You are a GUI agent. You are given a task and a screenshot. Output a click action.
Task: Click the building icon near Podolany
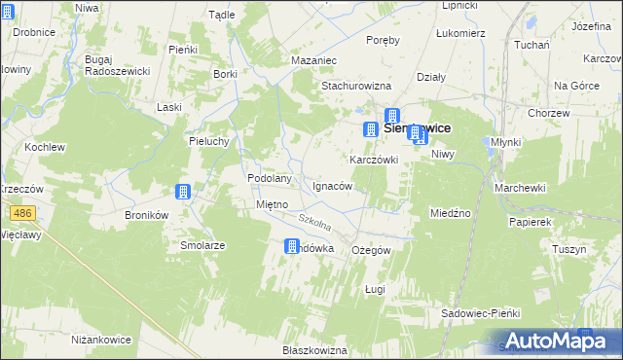click(x=183, y=192)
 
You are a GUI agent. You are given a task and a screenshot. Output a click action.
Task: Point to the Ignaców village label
click(x=332, y=185)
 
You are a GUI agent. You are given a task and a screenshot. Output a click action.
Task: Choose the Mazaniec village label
click(x=313, y=60)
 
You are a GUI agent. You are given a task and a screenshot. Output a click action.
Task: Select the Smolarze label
click(x=202, y=245)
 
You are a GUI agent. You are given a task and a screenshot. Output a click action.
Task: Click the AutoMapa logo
click(x=552, y=340)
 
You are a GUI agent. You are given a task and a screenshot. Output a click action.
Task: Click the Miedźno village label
click(x=451, y=212)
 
